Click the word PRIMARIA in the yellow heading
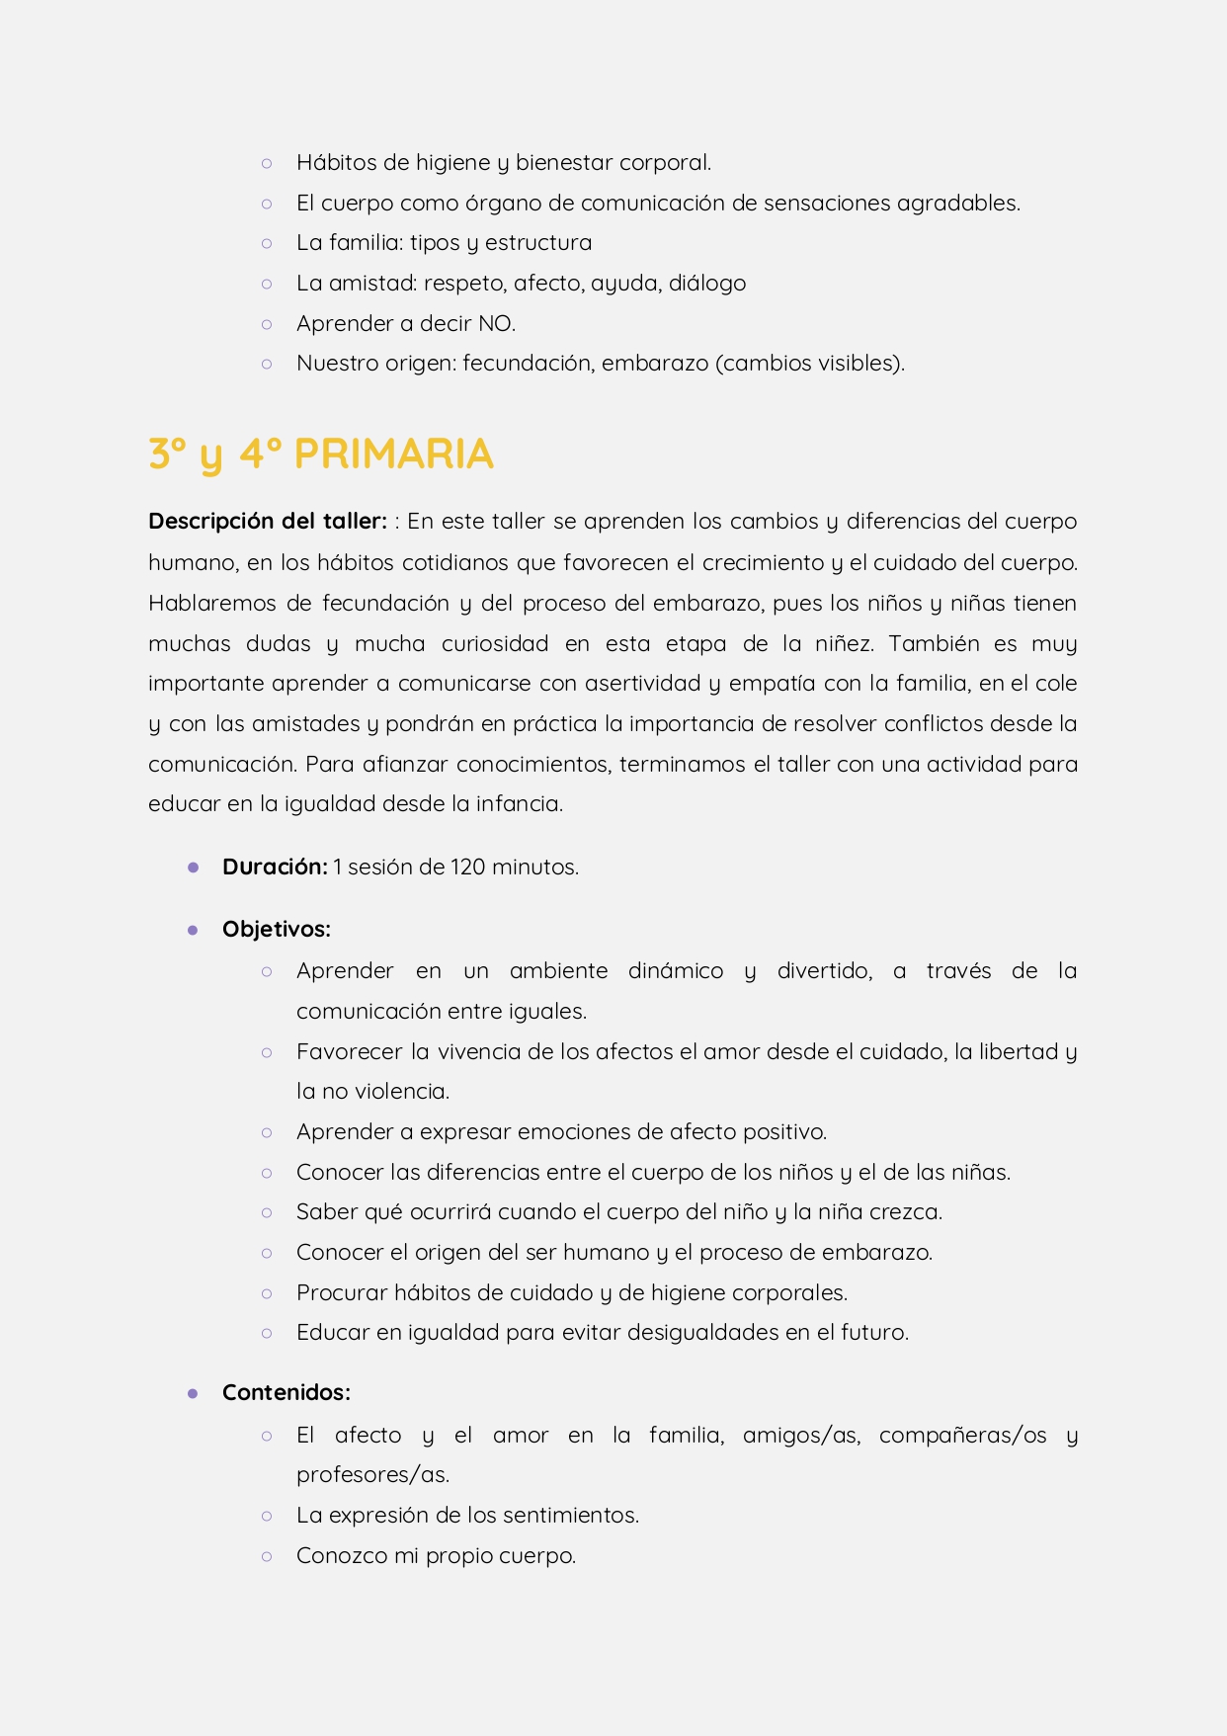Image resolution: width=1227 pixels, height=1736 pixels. [393, 455]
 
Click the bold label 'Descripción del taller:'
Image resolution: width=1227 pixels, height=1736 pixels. [267, 522]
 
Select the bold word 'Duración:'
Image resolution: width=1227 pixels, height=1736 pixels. [275, 868]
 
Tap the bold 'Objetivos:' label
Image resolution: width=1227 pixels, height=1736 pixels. [277, 930]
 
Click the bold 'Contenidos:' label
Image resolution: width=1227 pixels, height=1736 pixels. [286, 1393]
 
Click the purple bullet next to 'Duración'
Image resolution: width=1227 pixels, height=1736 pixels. [193, 868]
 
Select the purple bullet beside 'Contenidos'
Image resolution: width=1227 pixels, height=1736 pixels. [193, 1393]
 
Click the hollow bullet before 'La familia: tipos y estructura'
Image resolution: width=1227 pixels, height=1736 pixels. [267, 243]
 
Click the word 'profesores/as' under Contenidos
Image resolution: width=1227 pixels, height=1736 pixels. [371, 1475]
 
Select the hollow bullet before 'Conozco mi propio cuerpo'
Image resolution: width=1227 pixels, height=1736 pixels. [267, 1556]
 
